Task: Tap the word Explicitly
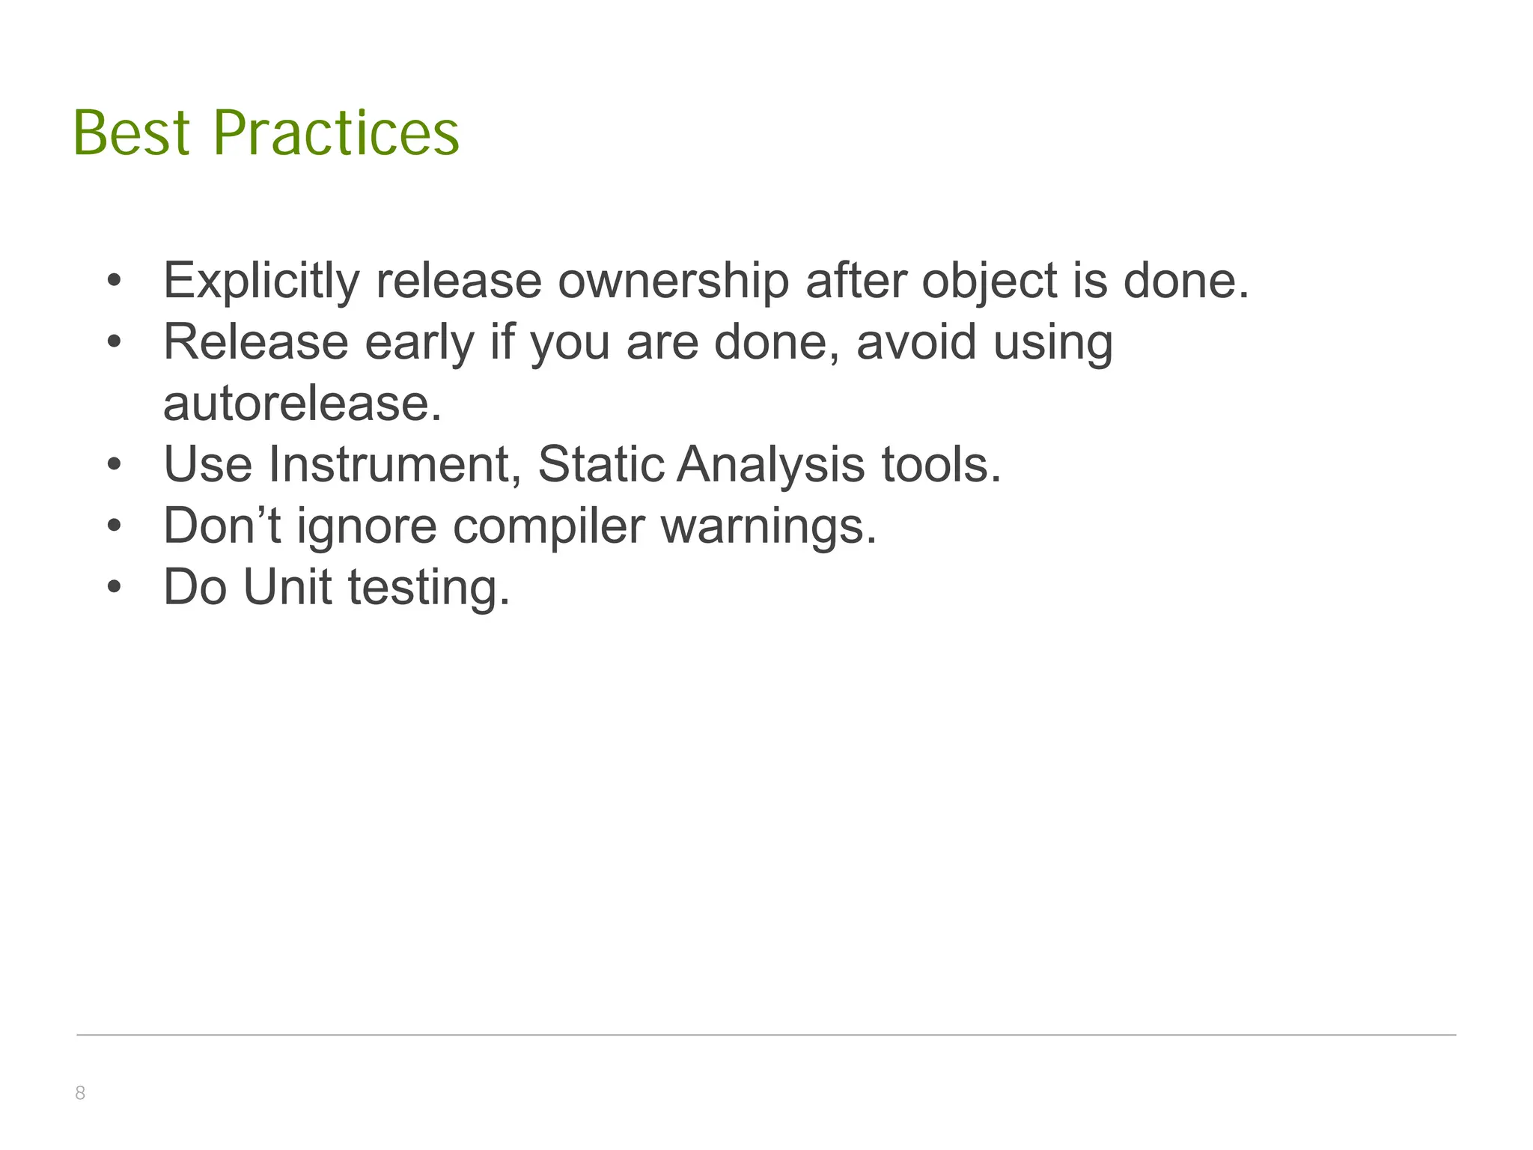pos(261,281)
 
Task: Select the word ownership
pos(673,281)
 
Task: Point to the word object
pos(988,281)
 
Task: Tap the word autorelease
pos(302,404)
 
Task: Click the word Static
pos(600,464)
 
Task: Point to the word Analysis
pos(770,464)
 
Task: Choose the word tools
pos(940,464)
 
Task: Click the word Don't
pos(222,526)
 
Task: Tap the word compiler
pos(548,526)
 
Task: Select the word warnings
pos(768,526)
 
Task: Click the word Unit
pos(287,587)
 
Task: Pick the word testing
pos(429,587)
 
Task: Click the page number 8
pos(80,1093)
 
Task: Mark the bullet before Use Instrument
pos(114,465)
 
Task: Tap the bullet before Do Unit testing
pos(114,588)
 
